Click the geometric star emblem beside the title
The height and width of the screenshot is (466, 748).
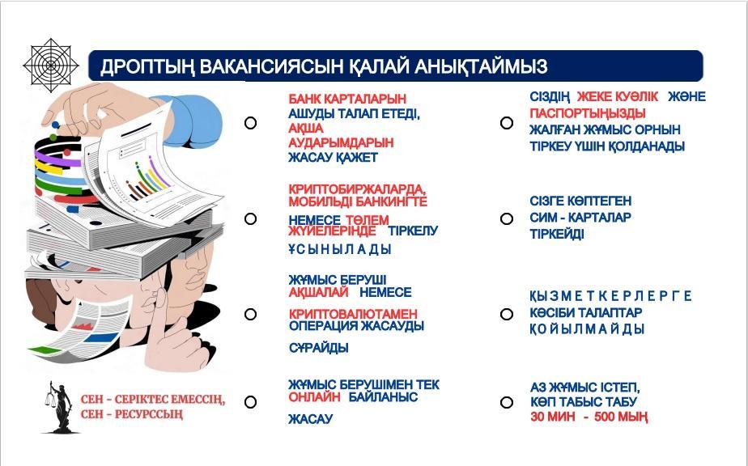coord(51,65)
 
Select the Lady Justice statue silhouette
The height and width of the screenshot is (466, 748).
coord(58,407)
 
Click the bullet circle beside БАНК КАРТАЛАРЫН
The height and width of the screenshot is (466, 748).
coord(250,123)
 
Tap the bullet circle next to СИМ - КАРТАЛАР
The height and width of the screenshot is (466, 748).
coord(507,218)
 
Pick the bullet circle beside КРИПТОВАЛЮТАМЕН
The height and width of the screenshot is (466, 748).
coord(250,314)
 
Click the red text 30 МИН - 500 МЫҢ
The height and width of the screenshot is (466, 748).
coord(589,417)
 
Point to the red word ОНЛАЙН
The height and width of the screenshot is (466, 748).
coord(314,397)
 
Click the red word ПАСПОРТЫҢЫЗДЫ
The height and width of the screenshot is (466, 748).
coord(587,113)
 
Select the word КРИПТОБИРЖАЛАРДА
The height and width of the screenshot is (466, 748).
coord(357,189)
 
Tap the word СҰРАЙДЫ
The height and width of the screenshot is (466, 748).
coord(319,348)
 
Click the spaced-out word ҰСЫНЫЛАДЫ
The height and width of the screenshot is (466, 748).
coord(340,249)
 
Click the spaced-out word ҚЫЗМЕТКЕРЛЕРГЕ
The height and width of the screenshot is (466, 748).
coord(610,296)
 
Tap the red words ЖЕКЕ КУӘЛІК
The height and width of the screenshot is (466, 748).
coord(618,97)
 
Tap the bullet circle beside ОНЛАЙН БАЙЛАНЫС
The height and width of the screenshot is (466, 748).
coord(250,402)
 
